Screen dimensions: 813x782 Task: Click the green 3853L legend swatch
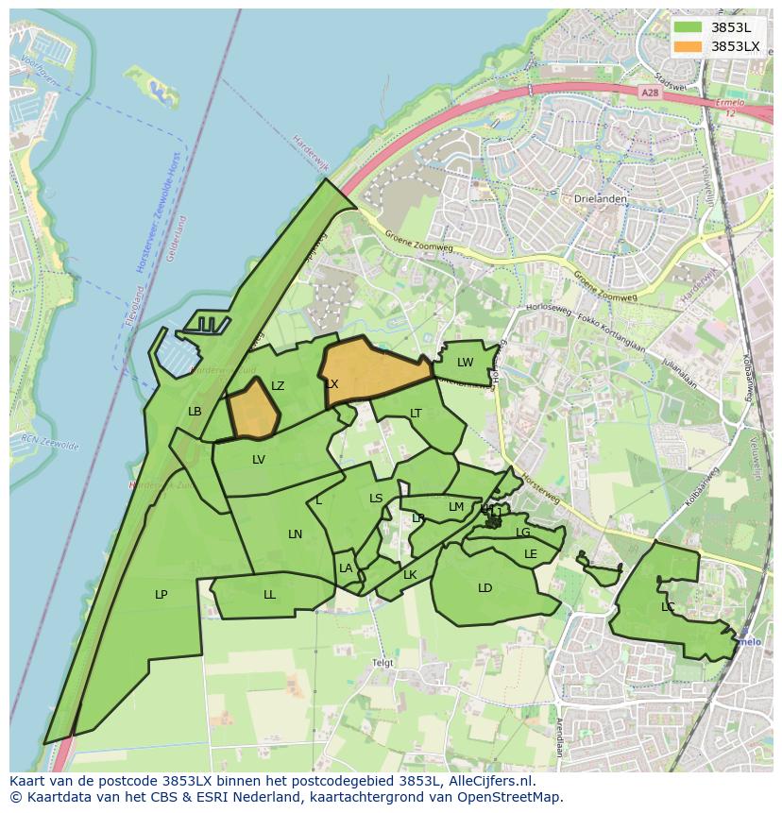[x=688, y=27]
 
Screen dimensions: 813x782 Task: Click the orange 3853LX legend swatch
[x=688, y=46]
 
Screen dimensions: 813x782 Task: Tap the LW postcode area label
[x=465, y=363]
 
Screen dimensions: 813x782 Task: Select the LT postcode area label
[x=416, y=414]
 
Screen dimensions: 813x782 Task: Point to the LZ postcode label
[x=278, y=386]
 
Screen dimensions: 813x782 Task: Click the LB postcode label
[x=195, y=412]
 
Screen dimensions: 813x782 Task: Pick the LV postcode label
[x=259, y=460]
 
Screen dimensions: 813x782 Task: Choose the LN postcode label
[x=295, y=534]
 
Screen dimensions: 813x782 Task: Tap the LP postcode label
[x=161, y=595]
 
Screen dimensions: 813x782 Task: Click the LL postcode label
[x=269, y=595]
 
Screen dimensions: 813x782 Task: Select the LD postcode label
[x=484, y=588]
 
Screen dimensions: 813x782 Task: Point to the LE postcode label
[x=530, y=554]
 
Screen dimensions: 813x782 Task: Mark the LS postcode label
[x=376, y=499]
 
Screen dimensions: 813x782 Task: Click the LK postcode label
[x=410, y=575]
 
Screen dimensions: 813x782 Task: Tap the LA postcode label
[x=346, y=568]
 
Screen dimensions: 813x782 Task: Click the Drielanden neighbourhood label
[x=596, y=199]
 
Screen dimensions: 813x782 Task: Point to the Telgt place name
[x=382, y=663]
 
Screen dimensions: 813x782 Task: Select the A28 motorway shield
[x=648, y=93]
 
